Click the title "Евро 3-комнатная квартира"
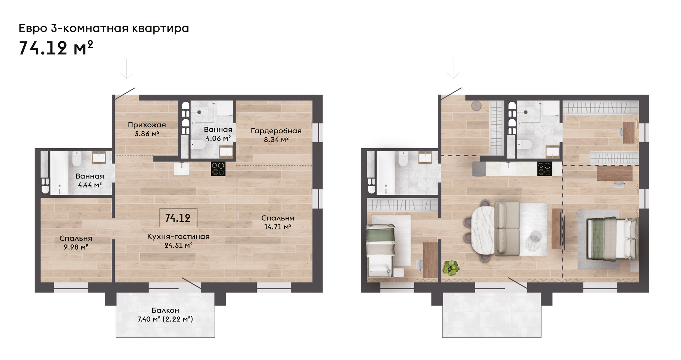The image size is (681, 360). tap(104, 29)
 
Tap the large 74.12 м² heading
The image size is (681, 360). tap(56, 48)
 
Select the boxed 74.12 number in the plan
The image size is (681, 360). tap(178, 218)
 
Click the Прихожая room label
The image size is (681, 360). tap(147, 125)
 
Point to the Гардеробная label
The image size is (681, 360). tap(276, 131)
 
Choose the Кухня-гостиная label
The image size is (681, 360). tap(178, 237)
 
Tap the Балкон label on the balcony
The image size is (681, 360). tap(165, 310)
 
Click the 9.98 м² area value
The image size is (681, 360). tap(76, 247)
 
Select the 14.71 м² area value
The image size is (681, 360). tap(278, 227)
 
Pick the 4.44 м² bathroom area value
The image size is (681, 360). tap(90, 185)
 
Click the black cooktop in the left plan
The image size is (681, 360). tap(218, 169)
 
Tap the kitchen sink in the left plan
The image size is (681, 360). tap(182, 169)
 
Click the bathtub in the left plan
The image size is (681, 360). tap(59, 173)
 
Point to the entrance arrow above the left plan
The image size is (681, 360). tap(126, 69)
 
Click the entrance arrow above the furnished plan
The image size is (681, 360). tap(453, 69)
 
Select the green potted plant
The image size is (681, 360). tap(451, 268)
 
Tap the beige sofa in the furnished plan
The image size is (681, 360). tap(507, 229)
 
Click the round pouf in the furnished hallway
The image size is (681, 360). tap(477, 106)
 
